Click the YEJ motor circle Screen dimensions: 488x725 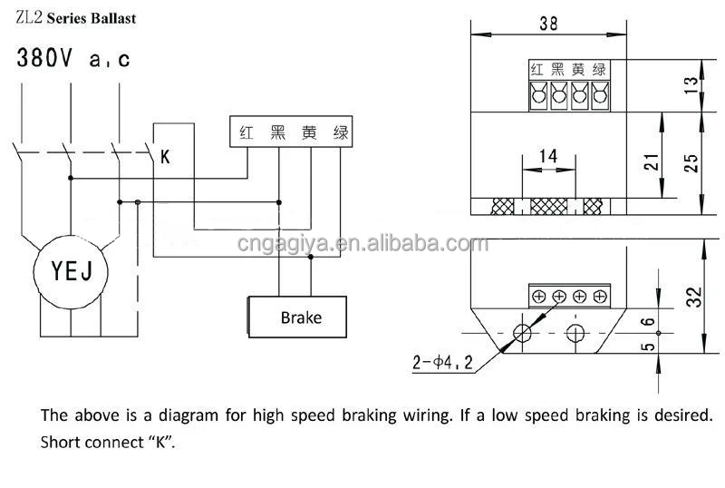(x=69, y=269)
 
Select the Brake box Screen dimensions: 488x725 (x=299, y=317)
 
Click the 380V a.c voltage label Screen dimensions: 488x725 (x=73, y=60)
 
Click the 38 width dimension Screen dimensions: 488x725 (x=548, y=24)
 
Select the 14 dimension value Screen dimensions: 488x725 (x=547, y=157)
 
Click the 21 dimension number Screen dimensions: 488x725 (x=649, y=163)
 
